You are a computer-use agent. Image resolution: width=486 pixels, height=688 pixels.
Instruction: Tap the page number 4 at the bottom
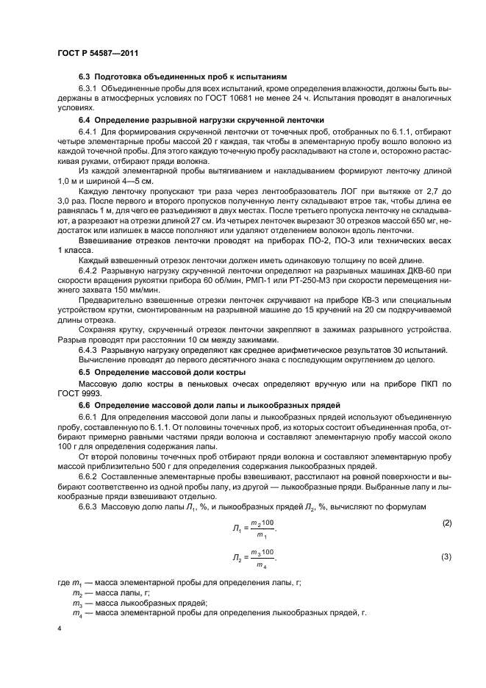point(59,629)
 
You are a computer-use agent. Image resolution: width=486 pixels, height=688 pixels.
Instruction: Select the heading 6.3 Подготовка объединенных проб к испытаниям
point(182,77)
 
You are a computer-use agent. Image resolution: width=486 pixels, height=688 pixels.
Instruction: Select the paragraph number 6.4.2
point(89,291)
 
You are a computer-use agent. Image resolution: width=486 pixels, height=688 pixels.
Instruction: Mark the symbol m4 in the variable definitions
point(76,612)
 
